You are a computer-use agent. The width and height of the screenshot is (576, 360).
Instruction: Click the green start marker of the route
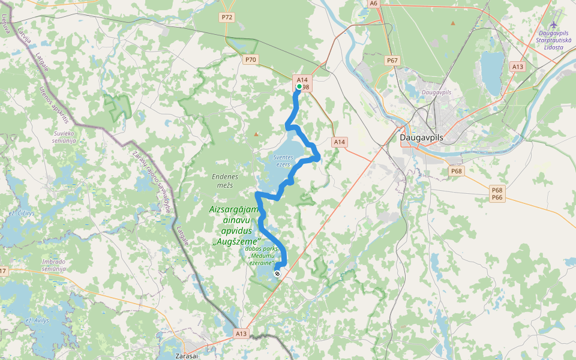(299, 86)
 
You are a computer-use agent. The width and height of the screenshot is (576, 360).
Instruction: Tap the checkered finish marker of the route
(277, 274)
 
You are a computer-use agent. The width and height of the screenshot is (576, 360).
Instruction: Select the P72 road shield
(227, 17)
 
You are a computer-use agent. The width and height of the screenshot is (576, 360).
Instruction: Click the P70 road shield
(250, 59)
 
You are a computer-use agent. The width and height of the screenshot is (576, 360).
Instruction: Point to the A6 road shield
(374, 4)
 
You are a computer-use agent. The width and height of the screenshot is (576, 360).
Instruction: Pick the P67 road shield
(392, 61)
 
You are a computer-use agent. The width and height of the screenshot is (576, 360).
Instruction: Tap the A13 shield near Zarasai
(241, 333)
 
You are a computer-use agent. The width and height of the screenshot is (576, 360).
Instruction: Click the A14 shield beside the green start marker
(302, 79)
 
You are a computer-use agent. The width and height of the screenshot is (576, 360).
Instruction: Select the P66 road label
(497, 198)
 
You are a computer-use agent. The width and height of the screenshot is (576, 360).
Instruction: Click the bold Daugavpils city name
(421, 137)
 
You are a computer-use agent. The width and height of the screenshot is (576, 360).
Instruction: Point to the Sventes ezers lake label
(283, 160)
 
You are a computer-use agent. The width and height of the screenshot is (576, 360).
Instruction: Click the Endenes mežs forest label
(225, 181)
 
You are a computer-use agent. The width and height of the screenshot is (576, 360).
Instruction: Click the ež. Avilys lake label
(37, 320)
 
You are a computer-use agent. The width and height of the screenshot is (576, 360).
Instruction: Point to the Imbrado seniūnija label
(53, 265)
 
